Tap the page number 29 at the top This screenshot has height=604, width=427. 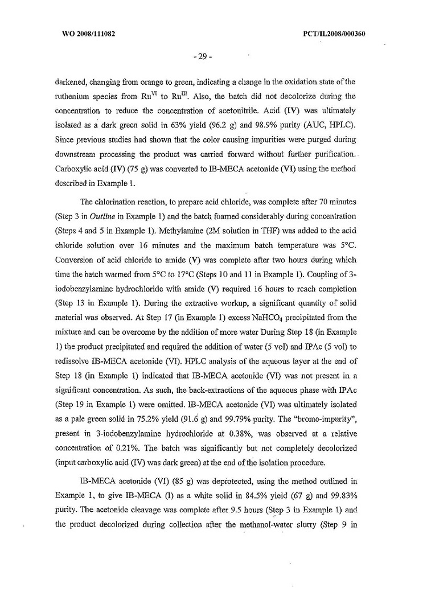[x=203, y=57]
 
